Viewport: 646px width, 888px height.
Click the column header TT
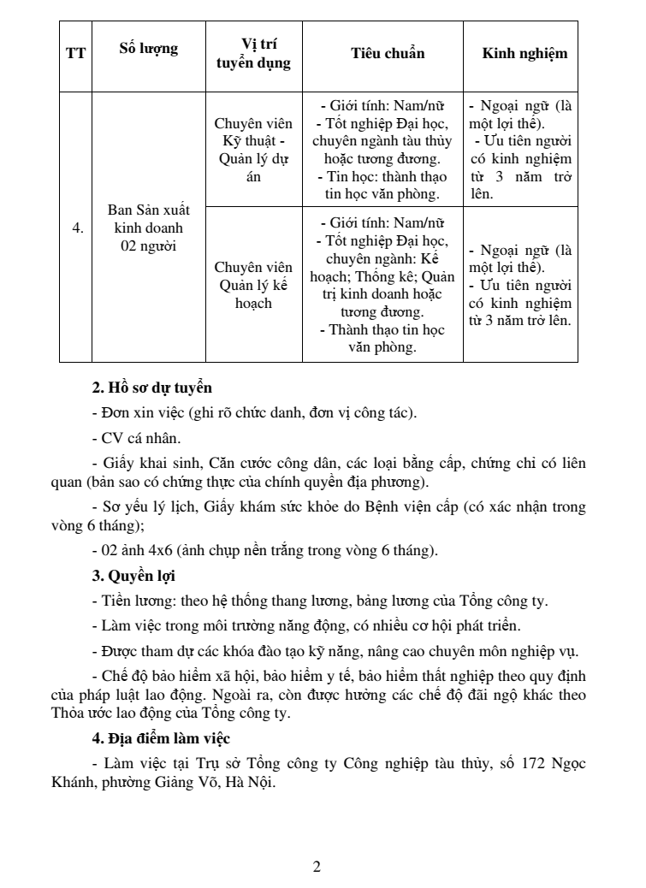click(x=75, y=53)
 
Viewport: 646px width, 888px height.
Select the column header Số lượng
click(x=148, y=49)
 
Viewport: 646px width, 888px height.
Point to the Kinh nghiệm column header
click(x=524, y=53)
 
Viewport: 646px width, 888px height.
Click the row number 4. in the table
click(x=77, y=228)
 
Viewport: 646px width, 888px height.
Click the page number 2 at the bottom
click(x=317, y=867)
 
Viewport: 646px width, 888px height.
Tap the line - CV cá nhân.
click(x=137, y=439)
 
